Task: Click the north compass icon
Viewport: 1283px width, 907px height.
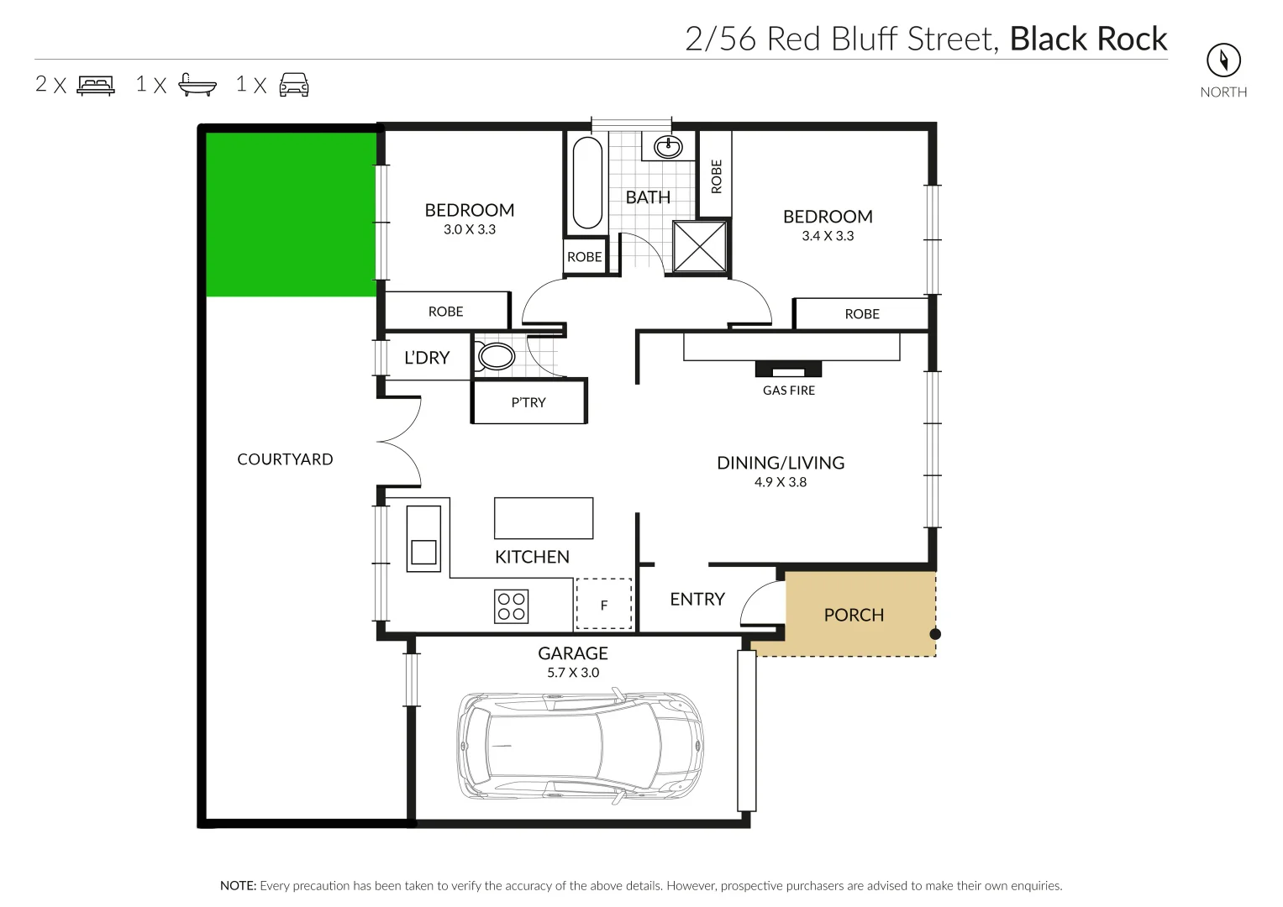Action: pos(1223,60)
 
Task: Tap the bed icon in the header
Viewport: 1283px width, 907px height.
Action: pos(96,85)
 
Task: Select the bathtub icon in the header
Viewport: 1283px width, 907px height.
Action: pos(197,85)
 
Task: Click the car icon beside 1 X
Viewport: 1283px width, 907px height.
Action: pos(294,85)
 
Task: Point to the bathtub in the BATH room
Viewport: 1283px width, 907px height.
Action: pos(587,183)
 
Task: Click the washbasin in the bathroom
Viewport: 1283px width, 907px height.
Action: pos(669,147)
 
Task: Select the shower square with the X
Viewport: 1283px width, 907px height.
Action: pos(700,246)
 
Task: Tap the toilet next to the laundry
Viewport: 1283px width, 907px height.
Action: pos(496,357)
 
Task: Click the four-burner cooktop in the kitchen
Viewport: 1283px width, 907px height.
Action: pos(511,606)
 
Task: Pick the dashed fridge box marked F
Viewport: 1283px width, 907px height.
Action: pos(603,604)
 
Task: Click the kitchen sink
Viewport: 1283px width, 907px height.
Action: pos(423,538)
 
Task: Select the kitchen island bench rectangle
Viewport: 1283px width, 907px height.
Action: pos(544,518)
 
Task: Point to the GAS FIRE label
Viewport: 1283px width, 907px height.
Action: pos(788,391)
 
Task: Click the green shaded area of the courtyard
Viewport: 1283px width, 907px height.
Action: pos(290,214)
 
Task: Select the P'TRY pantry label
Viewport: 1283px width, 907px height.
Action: pos(528,402)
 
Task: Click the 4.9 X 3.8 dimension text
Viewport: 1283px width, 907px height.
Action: pos(780,482)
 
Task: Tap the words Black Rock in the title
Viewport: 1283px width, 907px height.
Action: pos(1088,39)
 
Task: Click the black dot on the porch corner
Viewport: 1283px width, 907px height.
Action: pos(935,634)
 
